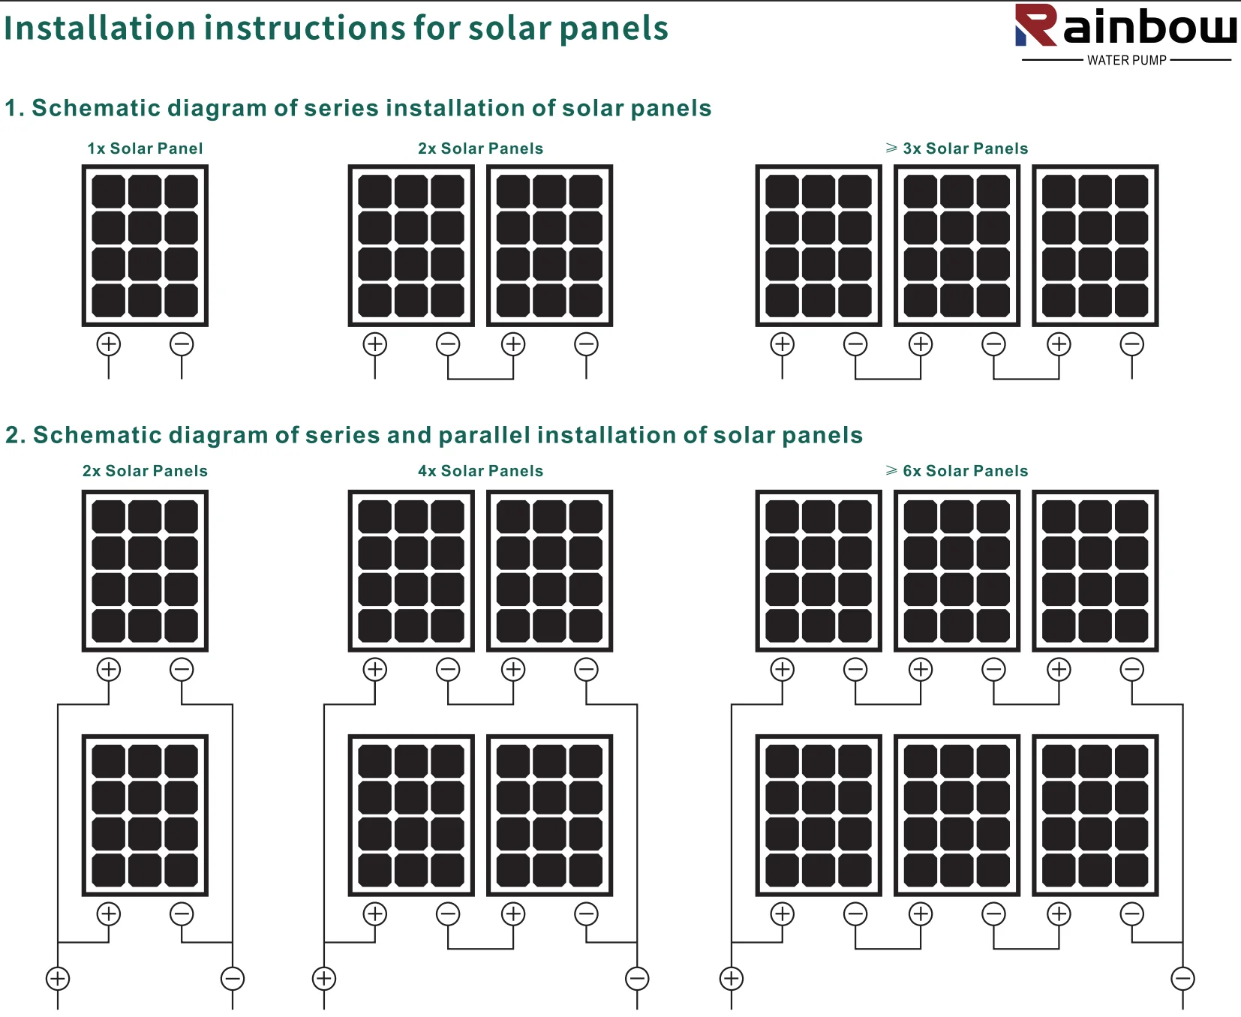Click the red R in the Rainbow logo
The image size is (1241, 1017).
click(1037, 25)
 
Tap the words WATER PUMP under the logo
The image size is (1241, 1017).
click(1126, 61)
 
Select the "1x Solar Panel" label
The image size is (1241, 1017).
click(145, 148)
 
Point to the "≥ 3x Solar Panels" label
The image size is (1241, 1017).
click(957, 148)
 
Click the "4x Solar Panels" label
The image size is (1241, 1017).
click(480, 471)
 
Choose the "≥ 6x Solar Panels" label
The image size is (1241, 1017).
click(957, 471)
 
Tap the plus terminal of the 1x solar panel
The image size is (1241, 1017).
click(109, 344)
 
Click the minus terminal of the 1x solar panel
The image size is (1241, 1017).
click(182, 344)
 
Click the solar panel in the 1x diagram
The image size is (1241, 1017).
click(145, 245)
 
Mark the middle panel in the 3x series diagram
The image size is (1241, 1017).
click(957, 245)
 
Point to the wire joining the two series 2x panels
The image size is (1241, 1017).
click(480, 379)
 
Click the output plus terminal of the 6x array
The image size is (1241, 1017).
click(732, 978)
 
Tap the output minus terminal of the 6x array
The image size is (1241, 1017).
click(1182, 978)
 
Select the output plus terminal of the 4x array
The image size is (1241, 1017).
click(324, 978)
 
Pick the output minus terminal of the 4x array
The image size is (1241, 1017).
click(637, 978)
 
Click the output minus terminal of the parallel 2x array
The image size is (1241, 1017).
click(233, 978)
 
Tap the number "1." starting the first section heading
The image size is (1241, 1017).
click(14, 109)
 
